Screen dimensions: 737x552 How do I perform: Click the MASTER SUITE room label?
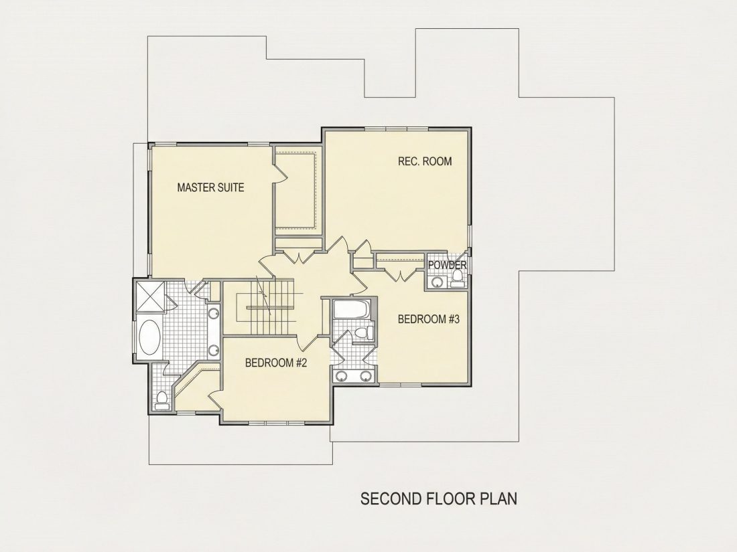[x=210, y=188]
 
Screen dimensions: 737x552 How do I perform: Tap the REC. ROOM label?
[x=425, y=161]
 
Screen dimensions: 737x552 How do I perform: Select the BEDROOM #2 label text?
[x=276, y=363]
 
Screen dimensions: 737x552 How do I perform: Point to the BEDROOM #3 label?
[x=428, y=320]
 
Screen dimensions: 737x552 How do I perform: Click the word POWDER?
[x=447, y=265]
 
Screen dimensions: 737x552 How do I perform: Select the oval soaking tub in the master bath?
[x=149, y=337]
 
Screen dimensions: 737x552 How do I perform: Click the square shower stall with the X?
[x=150, y=296]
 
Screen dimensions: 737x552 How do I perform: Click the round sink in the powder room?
[x=438, y=282]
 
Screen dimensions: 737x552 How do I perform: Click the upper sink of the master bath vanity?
[x=214, y=314]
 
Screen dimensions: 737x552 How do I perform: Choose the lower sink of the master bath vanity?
[x=214, y=349]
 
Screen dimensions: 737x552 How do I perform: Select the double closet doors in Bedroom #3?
[x=400, y=274]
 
